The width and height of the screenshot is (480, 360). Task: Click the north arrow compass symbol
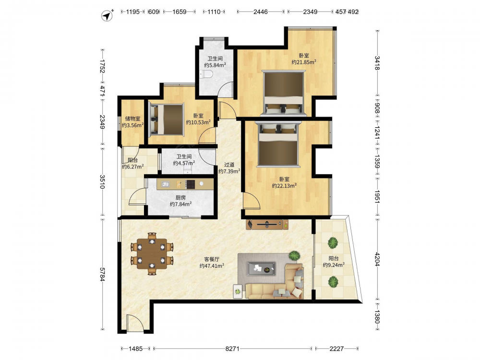[x=107, y=16]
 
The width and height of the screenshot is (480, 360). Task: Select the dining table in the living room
[x=152, y=254]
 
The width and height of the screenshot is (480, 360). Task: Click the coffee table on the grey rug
[x=261, y=268]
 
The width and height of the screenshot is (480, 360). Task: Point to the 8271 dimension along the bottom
[x=232, y=348]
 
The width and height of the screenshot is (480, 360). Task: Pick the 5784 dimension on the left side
[x=103, y=274]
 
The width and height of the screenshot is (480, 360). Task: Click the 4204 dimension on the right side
[x=377, y=259]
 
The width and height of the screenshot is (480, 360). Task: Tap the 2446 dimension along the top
[x=261, y=12]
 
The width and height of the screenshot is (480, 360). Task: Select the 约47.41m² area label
[x=212, y=266]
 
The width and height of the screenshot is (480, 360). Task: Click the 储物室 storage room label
[x=132, y=119]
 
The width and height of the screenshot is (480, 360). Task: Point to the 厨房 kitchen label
[x=180, y=197]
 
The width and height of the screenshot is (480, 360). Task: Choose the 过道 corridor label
[x=229, y=165]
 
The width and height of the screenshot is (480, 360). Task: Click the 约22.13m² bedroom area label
[x=284, y=185]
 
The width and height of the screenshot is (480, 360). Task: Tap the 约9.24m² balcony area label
[x=334, y=265]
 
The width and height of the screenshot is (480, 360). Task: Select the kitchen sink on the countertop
[x=166, y=184]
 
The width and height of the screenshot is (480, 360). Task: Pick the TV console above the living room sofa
[x=267, y=224]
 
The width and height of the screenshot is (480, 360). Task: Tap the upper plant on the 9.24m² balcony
[x=333, y=243]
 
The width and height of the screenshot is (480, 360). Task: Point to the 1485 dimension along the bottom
[x=136, y=348]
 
